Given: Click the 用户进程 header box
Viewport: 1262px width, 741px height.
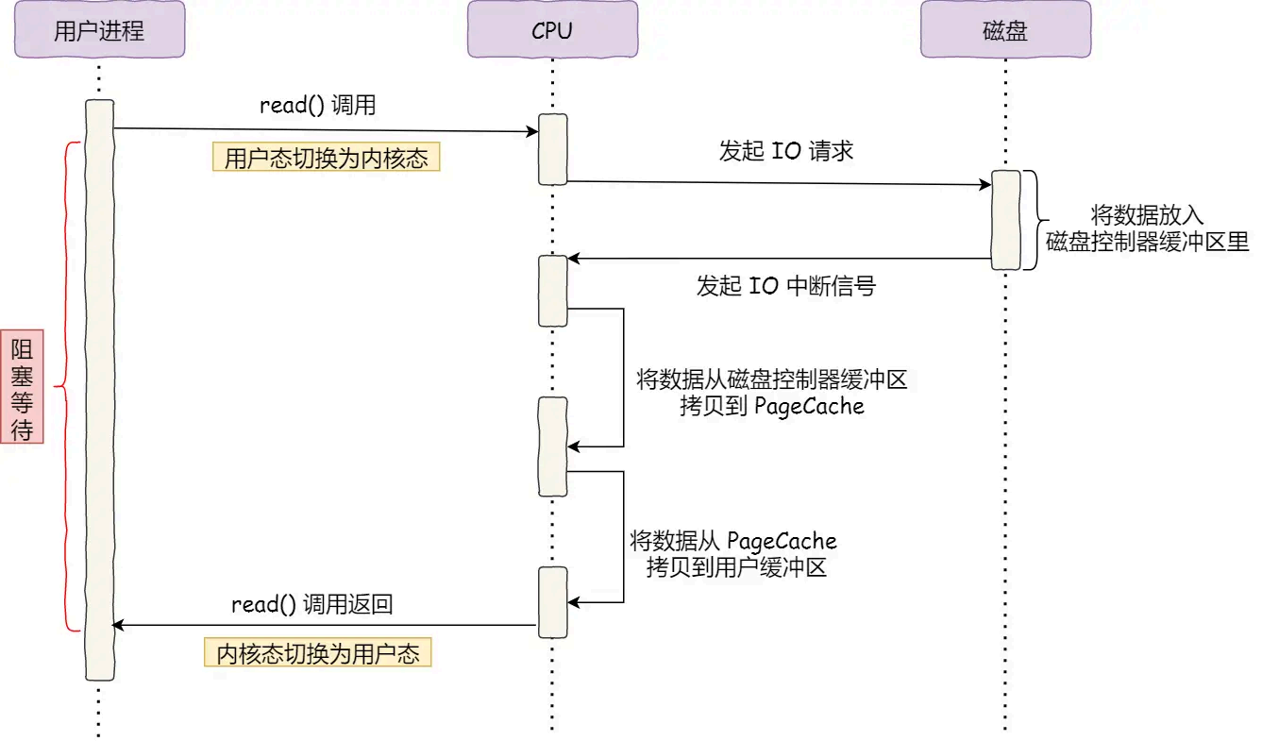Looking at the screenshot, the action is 100,29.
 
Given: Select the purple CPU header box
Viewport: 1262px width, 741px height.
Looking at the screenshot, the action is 553,29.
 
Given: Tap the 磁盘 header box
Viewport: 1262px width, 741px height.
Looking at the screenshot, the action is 1005,29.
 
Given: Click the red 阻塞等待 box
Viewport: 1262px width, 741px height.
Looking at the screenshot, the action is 22,387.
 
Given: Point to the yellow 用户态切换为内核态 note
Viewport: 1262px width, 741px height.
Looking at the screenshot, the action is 327,158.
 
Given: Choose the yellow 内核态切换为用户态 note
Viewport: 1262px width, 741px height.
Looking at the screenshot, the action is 318,652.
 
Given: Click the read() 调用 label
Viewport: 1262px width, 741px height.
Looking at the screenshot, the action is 318,106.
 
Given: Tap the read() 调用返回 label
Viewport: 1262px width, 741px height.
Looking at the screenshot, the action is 312,605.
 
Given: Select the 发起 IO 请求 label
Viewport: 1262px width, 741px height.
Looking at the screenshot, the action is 786,151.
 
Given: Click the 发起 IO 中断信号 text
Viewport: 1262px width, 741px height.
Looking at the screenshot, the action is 786,286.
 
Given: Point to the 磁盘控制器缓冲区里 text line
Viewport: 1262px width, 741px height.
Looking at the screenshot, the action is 1148,242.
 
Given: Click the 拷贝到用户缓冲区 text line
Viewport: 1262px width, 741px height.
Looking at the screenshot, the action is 736,567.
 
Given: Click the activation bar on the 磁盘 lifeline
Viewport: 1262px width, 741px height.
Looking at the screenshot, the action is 1006,220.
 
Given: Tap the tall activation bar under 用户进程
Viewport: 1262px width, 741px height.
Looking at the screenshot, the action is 100,390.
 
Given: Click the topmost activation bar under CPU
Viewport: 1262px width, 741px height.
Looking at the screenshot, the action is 553,149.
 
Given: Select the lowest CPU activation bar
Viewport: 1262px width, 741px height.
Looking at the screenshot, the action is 553,602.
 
